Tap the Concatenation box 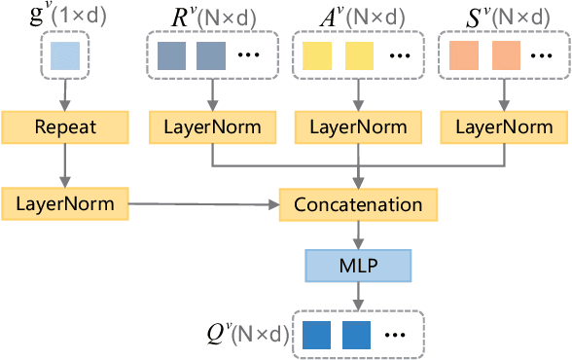[359, 205]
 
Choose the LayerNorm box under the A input [359, 126]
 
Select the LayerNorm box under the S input [504, 126]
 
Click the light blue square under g [66, 56]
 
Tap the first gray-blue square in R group [171, 56]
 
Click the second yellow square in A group [359, 56]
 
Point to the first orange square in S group [464, 56]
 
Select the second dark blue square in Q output [356, 334]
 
